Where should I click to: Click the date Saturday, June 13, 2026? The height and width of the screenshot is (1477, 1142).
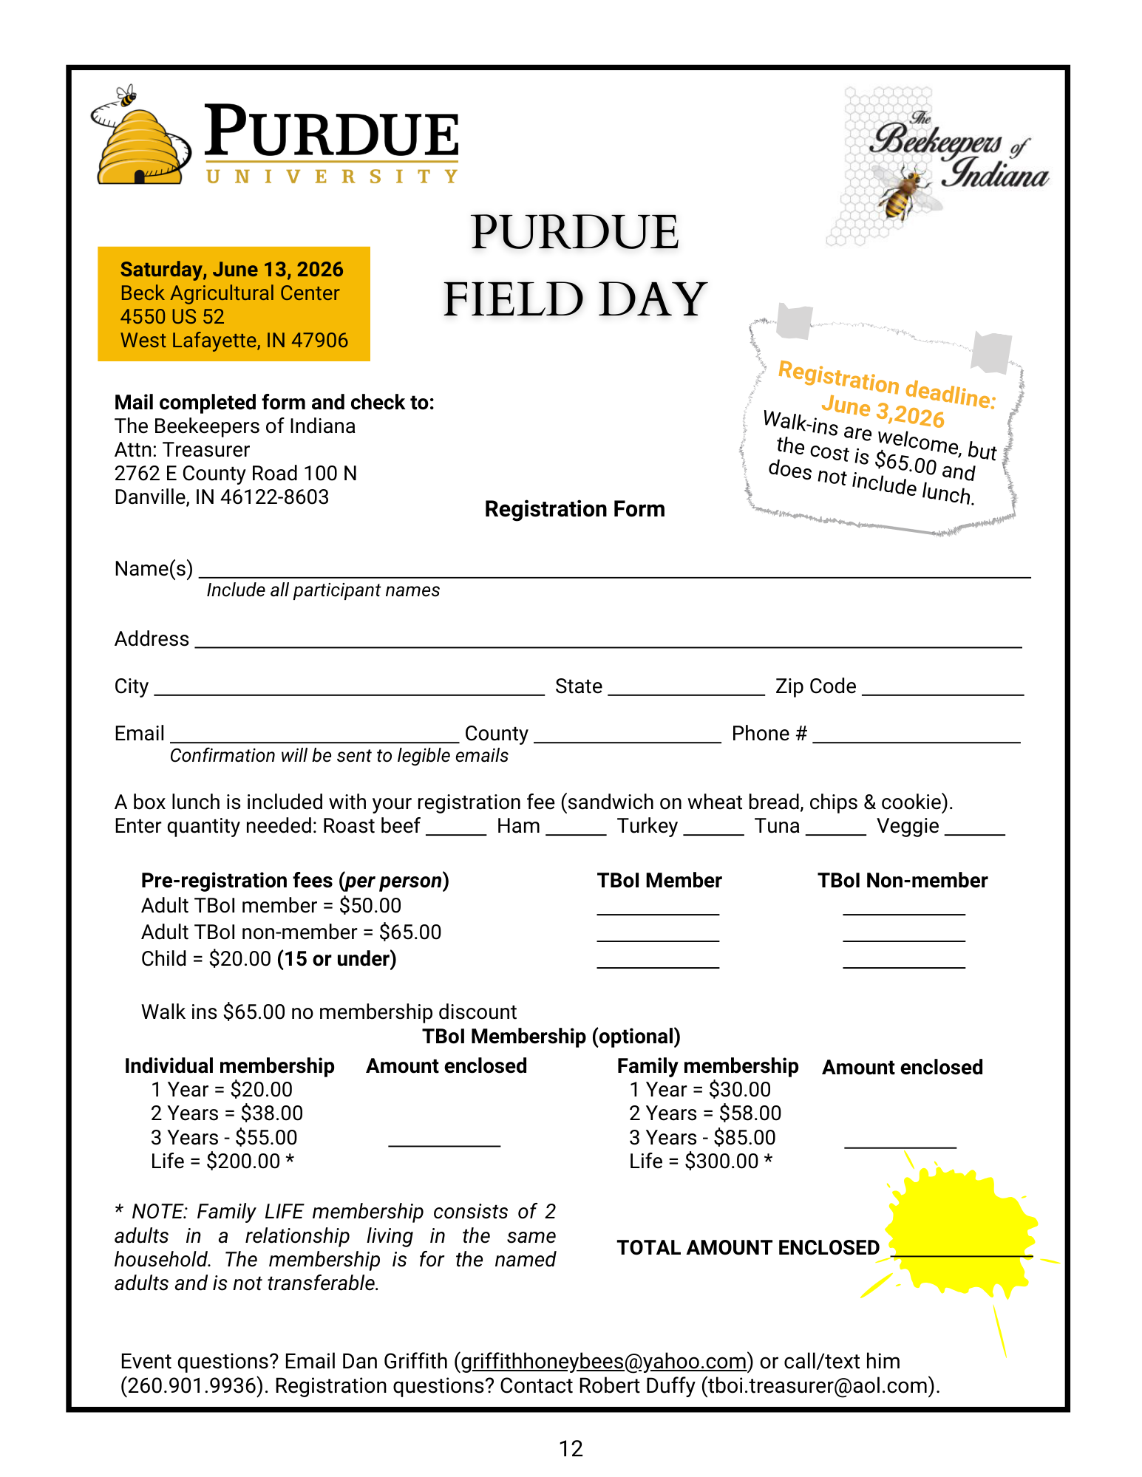pos(231,270)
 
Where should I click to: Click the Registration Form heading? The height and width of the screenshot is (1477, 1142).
pos(574,509)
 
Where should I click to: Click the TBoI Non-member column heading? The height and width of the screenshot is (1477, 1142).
pos(902,881)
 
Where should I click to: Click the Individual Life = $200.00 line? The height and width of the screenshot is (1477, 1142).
pos(222,1162)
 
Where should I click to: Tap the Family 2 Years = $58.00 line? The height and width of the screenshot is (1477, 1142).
pos(704,1113)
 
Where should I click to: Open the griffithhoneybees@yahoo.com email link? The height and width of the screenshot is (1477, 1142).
pos(603,1362)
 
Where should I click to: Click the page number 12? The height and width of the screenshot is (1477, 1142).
pos(571,1449)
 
